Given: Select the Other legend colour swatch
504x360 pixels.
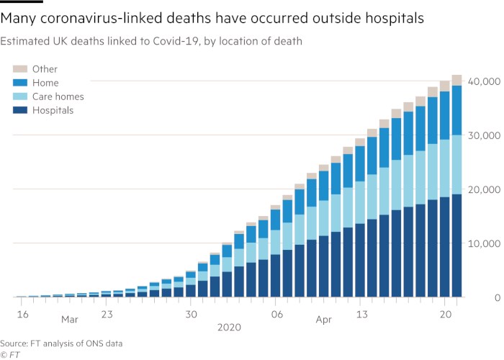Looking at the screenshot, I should (x=20, y=69).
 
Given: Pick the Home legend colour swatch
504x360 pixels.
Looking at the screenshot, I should (x=20, y=83).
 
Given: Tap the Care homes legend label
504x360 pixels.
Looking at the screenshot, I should (x=58, y=96).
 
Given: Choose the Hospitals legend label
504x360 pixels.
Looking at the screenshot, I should (x=53, y=110).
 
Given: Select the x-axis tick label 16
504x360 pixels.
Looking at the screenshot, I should (x=22, y=314).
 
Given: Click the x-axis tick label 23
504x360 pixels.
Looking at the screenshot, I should (x=107, y=314).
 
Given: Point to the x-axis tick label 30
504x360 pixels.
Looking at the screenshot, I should (x=190, y=314).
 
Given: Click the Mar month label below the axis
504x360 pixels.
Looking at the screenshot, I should (x=69, y=319).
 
